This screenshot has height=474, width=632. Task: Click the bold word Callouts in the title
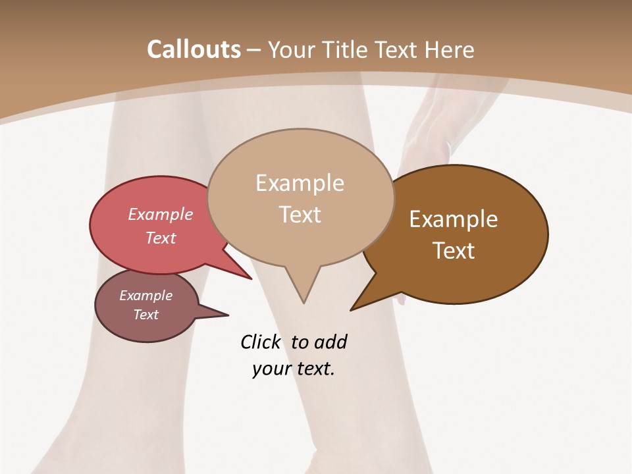click(194, 49)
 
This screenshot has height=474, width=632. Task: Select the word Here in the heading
click(449, 50)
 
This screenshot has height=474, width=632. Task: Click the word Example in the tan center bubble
click(300, 183)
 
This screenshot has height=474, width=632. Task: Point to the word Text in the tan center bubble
click(300, 214)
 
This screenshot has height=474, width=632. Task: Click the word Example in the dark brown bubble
click(454, 219)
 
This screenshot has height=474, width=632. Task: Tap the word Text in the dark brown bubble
click(454, 250)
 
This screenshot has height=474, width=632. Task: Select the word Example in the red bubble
click(160, 214)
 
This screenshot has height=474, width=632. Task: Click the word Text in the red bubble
click(160, 238)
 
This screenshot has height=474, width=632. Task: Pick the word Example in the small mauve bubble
click(145, 296)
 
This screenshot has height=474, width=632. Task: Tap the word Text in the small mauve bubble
click(145, 315)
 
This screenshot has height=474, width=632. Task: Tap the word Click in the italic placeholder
click(260, 342)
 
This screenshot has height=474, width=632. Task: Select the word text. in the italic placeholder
click(312, 369)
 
